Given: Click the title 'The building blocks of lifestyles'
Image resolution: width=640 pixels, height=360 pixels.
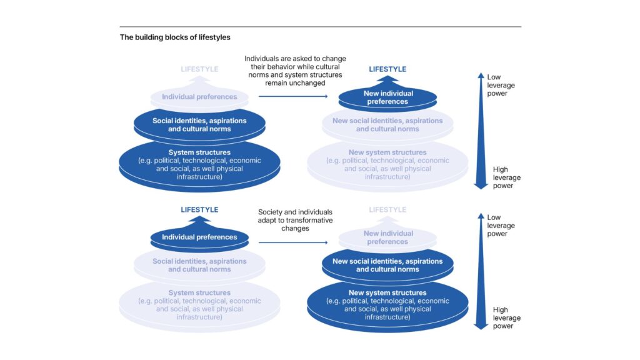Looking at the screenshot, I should [175, 37].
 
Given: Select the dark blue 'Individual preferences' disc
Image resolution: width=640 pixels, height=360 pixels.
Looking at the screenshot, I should [199, 237].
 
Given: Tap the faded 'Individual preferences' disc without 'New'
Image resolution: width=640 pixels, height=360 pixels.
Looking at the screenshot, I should [199, 97].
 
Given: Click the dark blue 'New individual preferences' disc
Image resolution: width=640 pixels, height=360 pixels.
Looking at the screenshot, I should [387, 97].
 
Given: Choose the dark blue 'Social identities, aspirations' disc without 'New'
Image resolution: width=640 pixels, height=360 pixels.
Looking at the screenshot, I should [199, 125].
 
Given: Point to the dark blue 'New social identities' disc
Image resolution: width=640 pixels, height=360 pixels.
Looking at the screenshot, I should [387, 266].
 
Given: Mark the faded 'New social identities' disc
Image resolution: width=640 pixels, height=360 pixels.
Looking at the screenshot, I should [387, 125].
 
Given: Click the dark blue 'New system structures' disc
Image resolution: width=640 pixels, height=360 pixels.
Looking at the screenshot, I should [387, 305].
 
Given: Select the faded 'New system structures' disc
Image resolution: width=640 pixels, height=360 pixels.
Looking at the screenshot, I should [387, 164].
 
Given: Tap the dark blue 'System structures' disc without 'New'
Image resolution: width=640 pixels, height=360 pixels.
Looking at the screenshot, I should [199, 164].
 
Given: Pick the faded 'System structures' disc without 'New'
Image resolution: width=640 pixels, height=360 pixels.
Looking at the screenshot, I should [199, 305].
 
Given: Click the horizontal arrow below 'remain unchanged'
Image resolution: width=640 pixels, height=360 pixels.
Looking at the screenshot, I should [292, 97].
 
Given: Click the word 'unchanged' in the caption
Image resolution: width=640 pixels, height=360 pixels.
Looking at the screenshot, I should [311, 82].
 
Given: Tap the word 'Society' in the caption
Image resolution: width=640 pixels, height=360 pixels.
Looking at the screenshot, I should [271, 212].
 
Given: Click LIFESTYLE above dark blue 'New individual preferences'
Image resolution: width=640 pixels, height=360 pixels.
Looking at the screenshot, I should [387, 69].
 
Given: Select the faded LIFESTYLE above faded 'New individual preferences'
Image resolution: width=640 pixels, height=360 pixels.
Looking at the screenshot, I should [387, 210].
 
